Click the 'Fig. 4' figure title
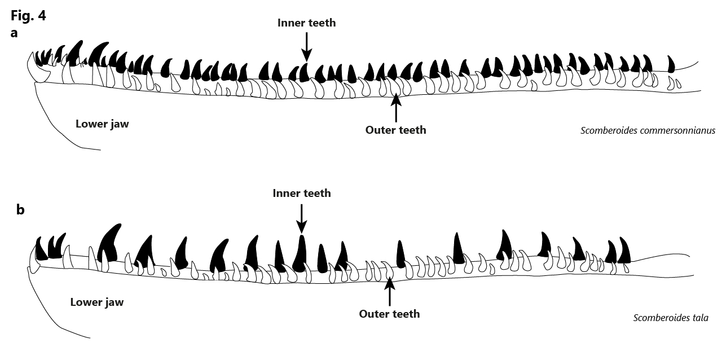[x=28, y=15]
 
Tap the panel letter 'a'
[x=14, y=33]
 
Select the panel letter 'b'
[x=20, y=210]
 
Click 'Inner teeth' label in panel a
[x=306, y=23]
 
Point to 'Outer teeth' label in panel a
[x=396, y=130]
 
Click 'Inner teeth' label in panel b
[x=302, y=193]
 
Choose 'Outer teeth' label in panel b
[x=389, y=314]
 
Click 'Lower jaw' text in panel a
[x=102, y=124]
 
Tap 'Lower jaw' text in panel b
[x=97, y=302]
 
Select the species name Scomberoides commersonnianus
[x=648, y=131]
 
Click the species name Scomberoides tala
[x=671, y=318]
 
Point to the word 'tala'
[x=701, y=318]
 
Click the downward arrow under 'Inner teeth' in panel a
[x=306, y=47]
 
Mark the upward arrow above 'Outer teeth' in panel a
[x=396, y=109]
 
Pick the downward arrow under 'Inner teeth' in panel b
[x=301, y=218]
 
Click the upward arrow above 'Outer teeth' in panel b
[x=390, y=292]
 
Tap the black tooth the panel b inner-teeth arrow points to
[x=300, y=253]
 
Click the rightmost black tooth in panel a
[x=671, y=64]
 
